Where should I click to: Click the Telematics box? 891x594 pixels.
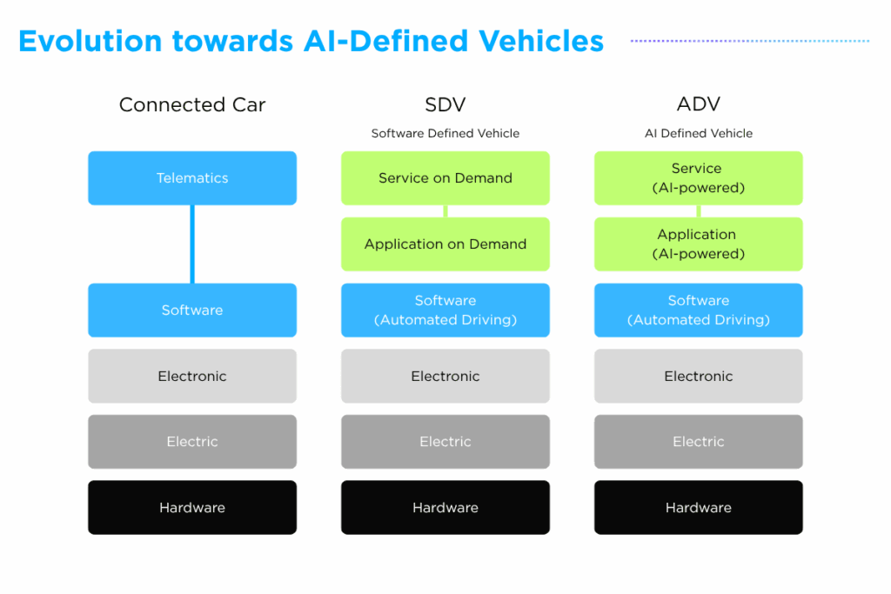pyautogui.click(x=192, y=178)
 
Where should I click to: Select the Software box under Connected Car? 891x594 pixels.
pyautogui.click(x=192, y=310)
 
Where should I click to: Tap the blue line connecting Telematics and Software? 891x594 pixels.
pyautogui.click(x=192, y=244)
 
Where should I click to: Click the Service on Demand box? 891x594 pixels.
pyautogui.click(x=445, y=178)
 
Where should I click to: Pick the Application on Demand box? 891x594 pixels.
pyautogui.click(x=445, y=244)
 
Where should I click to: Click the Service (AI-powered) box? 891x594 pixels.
pyautogui.click(x=698, y=178)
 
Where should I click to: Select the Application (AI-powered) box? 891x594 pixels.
pyautogui.click(x=698, y=244)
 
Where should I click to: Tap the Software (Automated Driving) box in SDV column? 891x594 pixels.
pyautogui.click(x=445, y=310)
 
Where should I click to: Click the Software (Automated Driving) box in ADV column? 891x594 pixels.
pyautogui.click(x=698, y=310)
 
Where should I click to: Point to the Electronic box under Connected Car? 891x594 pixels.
pyautogui.click(x=192, y=377)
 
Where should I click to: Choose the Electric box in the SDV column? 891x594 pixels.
pyautogui.click(x=445, y=442)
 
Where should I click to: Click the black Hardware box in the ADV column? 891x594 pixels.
pyautogui.click(x=698, y=508)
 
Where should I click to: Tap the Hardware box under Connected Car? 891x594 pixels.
pyautogui.click(x=192, y=508)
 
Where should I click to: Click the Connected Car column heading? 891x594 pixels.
pyautogui.click(x=192, y=105)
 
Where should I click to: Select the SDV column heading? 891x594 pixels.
pyautogui.click(x=445, y=105)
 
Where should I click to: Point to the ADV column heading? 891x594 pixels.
pyautogui.click(x=698, y=105)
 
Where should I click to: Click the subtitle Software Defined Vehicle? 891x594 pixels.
pyautogui.click(x=445, y=134)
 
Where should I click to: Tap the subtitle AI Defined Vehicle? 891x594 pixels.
pyautogui.click(x=698, y=134)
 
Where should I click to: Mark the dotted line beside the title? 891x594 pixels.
pyautogui.click(x=749, y=41)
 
